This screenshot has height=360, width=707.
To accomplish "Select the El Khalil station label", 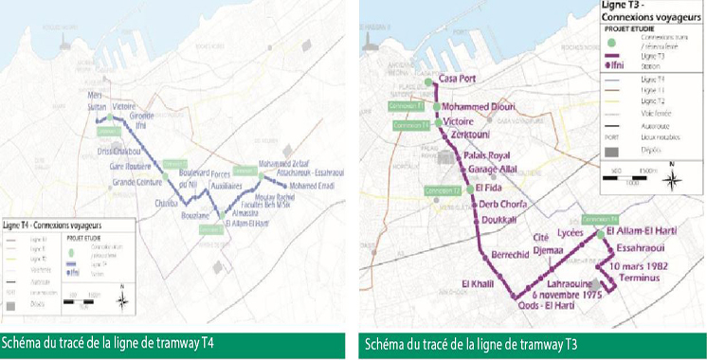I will [x=477, y=284].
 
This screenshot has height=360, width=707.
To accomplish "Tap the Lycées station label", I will [x=571, y=231].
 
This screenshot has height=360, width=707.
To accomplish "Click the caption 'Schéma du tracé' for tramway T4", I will [x=105, y=343].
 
